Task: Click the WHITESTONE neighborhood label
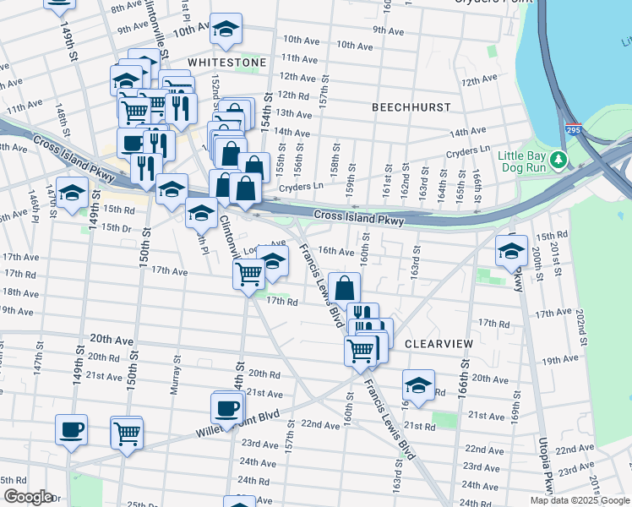coord(226,63)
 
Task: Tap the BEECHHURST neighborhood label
coord(411,107)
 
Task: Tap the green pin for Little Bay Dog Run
coord(558,160)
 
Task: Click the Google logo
coord(27,497)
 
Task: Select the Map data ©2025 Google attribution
coord(580,500)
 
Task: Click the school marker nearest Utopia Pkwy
coord(511,251)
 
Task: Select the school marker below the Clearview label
coord(417,385)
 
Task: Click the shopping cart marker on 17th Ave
coord(248,274)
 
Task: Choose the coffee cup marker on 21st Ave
coord(226,408)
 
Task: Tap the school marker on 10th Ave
coord(225,30)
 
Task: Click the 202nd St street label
coord(582,321)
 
